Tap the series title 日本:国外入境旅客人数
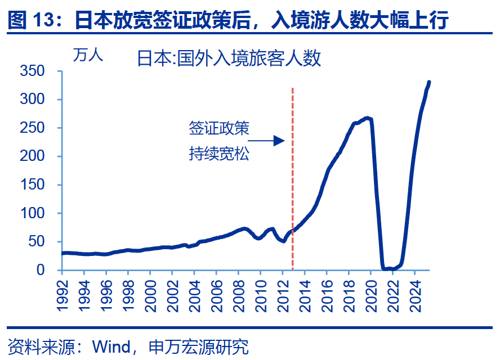(x=229, y=58)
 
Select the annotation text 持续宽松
(x=218, y=153)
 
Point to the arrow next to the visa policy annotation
(x=266, y=141)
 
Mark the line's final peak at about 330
(x=429, y=82)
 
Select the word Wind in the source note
(x=110, y=346)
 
